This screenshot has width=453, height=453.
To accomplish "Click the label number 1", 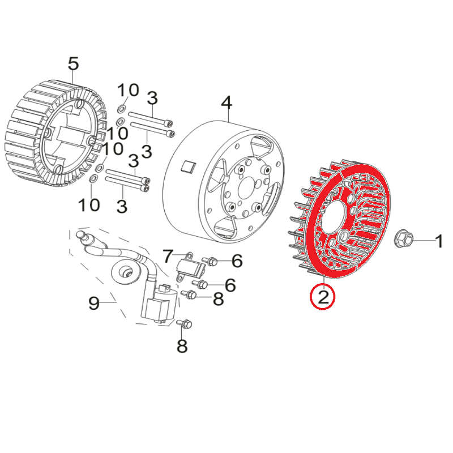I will coord(439,242).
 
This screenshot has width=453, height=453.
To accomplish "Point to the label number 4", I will coord(226,104).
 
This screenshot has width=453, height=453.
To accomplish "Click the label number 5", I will coord(73,63).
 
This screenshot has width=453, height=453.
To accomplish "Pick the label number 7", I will coord(168,257).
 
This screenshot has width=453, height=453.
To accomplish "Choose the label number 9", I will coord(94,304).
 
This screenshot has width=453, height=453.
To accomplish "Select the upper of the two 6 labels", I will coord(237,261).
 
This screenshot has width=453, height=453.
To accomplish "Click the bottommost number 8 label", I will coord(182,345).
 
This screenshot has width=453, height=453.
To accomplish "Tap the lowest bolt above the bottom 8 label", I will coord(185,324).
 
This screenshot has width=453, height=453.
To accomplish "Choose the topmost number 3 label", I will coord(152,97).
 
